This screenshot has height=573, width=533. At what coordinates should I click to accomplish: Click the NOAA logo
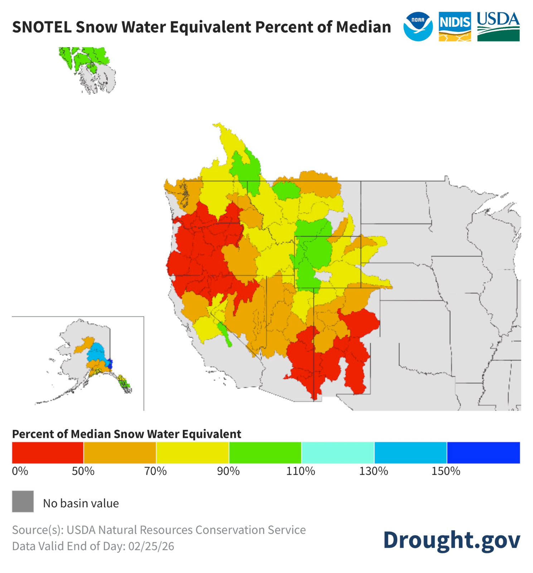click(x=417, y=27)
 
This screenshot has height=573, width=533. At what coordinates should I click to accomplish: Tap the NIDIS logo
click(x=454, y=27)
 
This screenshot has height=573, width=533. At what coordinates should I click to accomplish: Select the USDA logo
click(x=498, y=27)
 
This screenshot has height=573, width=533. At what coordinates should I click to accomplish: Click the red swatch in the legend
click(x=48, y=452)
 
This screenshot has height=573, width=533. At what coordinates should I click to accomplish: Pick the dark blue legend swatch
click(x=483, y=452)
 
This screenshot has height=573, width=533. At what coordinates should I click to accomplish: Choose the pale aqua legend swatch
click(x=338, y=452)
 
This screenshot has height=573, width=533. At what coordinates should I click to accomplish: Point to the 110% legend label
click(x=300, y=471)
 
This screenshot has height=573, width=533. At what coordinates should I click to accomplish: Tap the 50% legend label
click(x=83, y=471)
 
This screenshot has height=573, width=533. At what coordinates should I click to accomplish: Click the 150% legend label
click(x=446, y=471)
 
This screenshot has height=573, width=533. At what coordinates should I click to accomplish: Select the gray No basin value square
click(x=23, y=501)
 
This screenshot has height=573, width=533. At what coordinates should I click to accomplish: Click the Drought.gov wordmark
click(x=451, y=540)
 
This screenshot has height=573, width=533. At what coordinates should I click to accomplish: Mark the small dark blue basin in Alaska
click(x=110, y=364)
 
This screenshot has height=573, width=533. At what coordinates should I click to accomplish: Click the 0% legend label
click(x=20, y=471)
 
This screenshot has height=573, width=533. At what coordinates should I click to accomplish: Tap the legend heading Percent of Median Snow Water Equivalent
click(x=126, y=434)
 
